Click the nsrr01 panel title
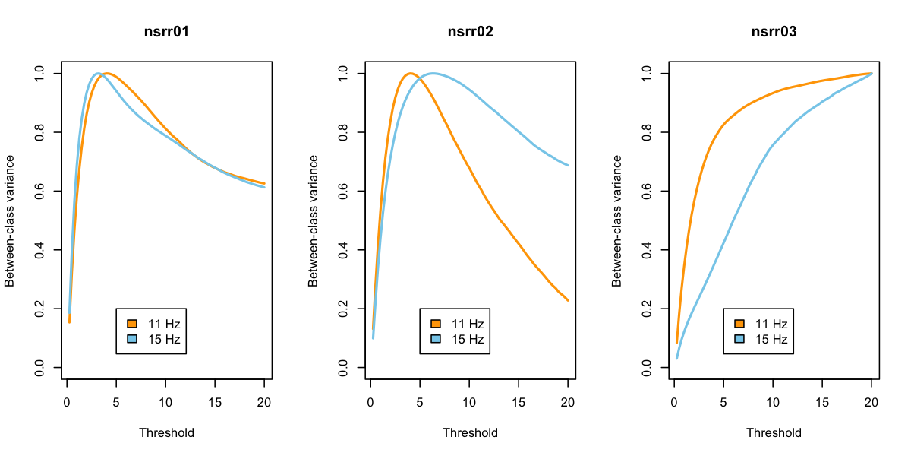point(166,32)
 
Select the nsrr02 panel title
point(470,32)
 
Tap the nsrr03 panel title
point(774,32)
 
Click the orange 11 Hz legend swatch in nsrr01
point(132,324)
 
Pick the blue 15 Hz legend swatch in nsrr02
point(436,339)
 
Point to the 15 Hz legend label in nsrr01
point(164,339)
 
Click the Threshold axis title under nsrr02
point(470,433)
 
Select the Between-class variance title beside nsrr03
point(617,220)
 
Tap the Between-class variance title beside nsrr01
point(10,220)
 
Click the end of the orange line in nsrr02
point(568,301)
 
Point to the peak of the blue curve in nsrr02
point(433,74)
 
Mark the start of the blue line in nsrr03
point(677,359)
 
